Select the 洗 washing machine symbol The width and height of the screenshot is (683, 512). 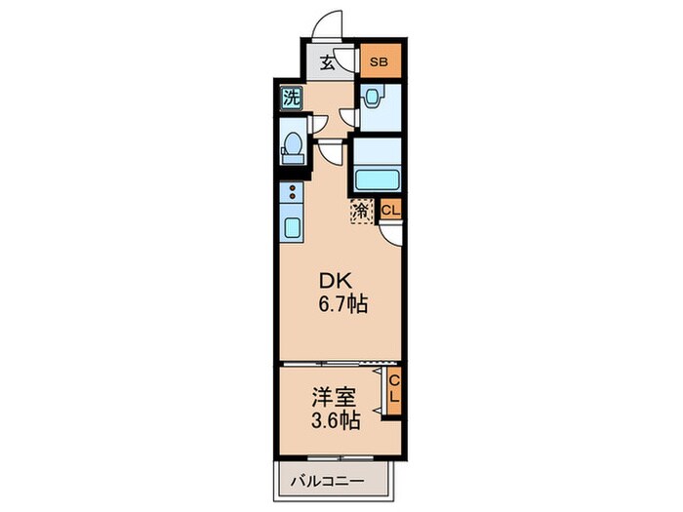[x=290, y=97]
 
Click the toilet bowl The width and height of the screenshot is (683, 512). [x=291, y=147]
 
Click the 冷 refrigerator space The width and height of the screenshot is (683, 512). [x=361, y=209]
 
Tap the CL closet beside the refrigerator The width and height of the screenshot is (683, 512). [x=389, y=210]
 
